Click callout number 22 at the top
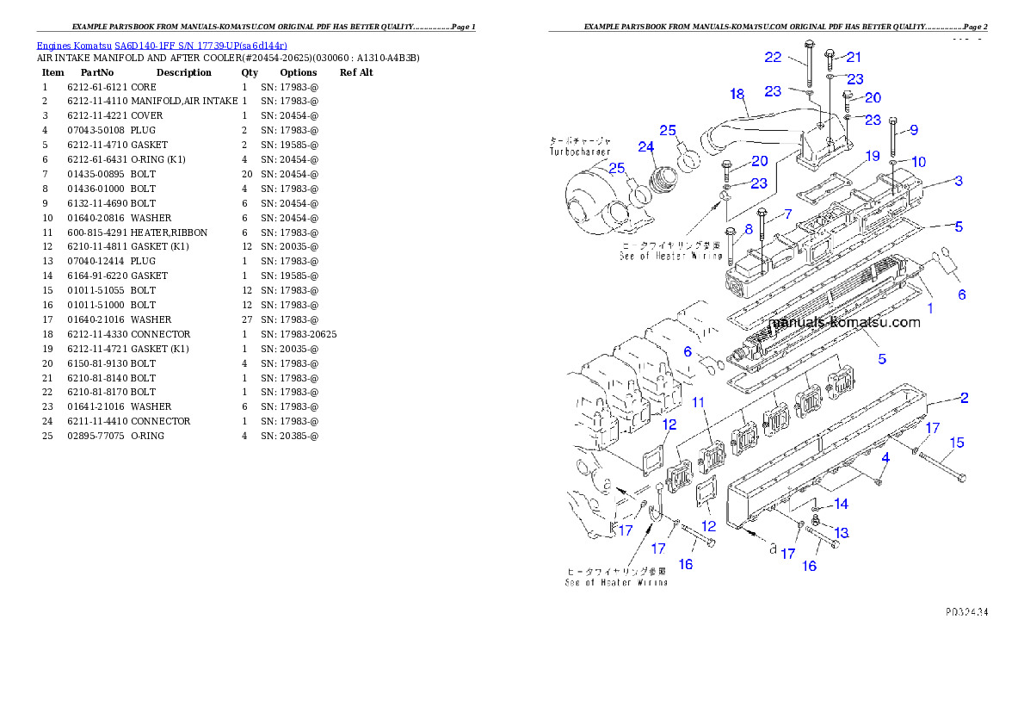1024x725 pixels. [773, 57]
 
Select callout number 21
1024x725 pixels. [853, 57]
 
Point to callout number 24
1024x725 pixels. [646, 147]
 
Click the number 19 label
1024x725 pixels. [873, 156]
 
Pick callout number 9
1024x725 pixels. [914, 130]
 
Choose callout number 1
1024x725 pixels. [929, 307]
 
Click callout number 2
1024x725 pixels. [965, 397]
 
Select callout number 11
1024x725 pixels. [699, 402]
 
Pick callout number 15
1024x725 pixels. [956, 443]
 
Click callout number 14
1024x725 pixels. [841, 504]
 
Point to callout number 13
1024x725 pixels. [841, 533]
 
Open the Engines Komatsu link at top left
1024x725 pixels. [162, 45]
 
